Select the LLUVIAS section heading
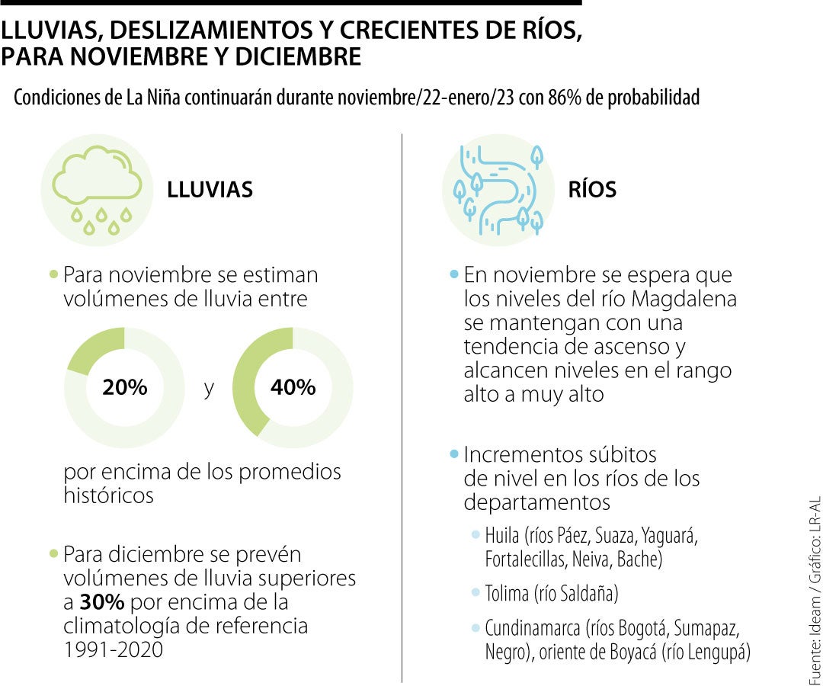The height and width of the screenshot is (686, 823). coord(210,190)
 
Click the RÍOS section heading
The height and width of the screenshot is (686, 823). coord(592,190)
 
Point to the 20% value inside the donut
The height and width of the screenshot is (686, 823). coord(125,387)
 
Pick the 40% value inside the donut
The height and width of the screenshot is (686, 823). coord(293,387)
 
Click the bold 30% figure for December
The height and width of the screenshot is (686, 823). coord(102,603)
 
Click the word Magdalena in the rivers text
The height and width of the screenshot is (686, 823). coord(690,299)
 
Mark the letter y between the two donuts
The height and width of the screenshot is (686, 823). coord(209,388)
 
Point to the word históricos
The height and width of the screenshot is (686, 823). coord(109,495)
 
